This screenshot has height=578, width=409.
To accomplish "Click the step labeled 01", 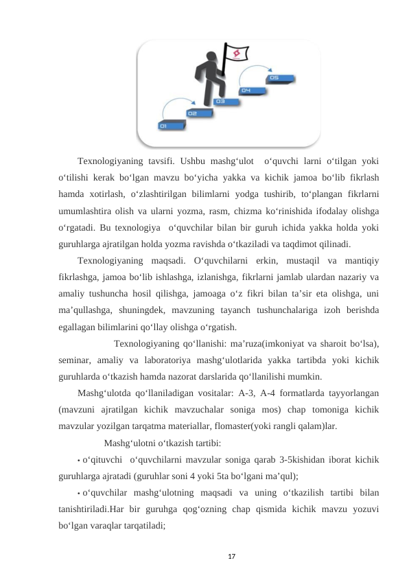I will coord(165,126).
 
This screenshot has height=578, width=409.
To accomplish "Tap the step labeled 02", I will coord(193,113).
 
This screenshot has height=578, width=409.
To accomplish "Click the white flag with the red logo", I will coord(237,53).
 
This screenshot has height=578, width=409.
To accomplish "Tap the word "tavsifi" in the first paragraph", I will coord(157,161).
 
